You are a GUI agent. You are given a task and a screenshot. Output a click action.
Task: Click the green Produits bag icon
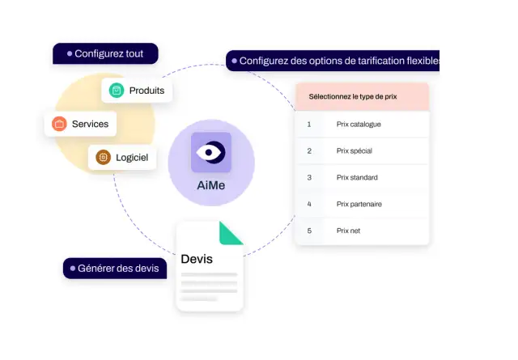tap(117, 90)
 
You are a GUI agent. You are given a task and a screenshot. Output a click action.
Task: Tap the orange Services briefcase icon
tap(59, 124)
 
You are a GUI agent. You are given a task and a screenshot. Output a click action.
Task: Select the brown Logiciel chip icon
tap(103, 157)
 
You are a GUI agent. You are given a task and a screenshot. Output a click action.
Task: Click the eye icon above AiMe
tap(211, 152)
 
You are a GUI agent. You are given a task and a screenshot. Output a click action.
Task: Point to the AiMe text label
tap(211, 185)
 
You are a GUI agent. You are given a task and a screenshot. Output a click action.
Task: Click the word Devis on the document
tap(197, 259)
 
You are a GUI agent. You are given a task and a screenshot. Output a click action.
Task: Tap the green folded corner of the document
tap(230, 234)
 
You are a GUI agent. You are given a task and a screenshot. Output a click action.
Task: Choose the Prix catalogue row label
tap(359, 125)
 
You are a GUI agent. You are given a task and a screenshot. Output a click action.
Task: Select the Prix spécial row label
tap(355, 151)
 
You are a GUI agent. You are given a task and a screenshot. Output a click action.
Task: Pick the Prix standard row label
tap(357, 177)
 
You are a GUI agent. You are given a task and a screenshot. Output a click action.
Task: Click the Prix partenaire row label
tap(359, 204)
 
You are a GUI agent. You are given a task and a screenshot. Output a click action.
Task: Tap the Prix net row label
tap(348, 231)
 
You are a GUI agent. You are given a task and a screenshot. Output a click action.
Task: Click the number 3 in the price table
tap(309, 177)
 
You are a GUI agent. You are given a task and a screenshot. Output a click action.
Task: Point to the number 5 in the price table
tap(309, 231)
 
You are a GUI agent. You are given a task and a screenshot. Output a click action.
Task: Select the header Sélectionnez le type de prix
tap(353, 96)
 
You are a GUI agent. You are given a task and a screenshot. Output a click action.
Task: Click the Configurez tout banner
tap(105, 53)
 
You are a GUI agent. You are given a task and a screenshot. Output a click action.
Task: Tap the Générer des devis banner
tap(115, 269)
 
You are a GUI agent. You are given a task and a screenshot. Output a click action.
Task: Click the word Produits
tap(146, 91)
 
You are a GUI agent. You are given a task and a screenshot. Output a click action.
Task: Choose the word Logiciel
tap(132, 158)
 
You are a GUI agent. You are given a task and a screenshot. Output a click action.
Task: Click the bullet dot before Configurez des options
tap(234, 61)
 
